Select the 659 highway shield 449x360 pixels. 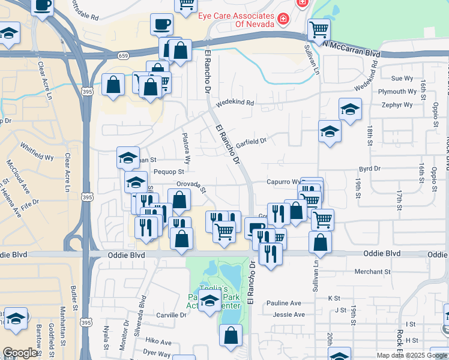pyautogui.click(x=123, y=56)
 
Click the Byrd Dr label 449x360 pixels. pyautogui.click(x=370, y=169)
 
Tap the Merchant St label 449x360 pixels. pyautogui.click(x=372, y=271)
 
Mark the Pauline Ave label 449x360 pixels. pyautogui.click(x=287, y=303)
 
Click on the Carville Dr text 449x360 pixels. pyautogui.click(x=172, y=315)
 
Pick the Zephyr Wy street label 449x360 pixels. pyautogui.click(x=396, y=105)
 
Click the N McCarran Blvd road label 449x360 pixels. pyautogui.click(x=352, y=49)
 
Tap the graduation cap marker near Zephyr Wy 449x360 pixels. pyautogui.click(x=350, y=109)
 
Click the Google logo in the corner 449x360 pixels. pyautogui.click(x=20, y=353)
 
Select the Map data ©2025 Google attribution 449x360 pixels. pyautogui.click(x=412, y=355)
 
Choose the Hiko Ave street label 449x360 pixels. pyautogui.click(x=158, y=342)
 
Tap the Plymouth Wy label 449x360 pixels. pyautogui.click(x=397, y=92)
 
